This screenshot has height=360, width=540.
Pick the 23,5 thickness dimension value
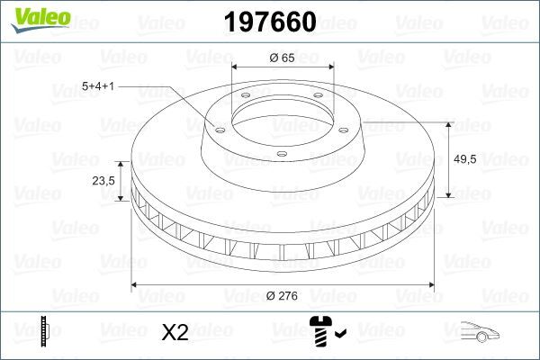[x=104, y=181]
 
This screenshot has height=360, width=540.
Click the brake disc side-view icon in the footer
[x=45, y=332]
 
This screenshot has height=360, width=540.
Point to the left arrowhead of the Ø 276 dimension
[x=135, y=285]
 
